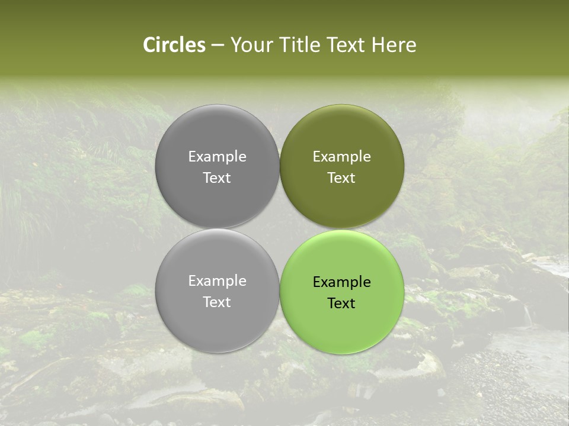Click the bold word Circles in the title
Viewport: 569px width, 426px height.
pyautogui.click(x=174, y=45)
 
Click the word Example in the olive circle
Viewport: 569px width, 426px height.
pyautogui.click(x=341, y=157)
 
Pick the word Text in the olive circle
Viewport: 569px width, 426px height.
pyautogui.click(x=341, y=177)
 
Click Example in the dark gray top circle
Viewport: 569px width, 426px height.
pyautogui.click(x=217, y=157)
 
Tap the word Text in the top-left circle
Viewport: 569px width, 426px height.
pyautogui.click(x=217, y=177)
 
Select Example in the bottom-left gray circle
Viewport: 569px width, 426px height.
pyautogui.click(x=217, y=281)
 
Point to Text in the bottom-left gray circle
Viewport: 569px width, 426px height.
pyautogui.click(x=217, y=302)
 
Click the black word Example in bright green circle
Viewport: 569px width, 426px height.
pyautogui.click(x=341, y=282)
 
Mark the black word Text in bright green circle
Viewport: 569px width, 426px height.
pyautogui.click(x=341, y=303)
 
